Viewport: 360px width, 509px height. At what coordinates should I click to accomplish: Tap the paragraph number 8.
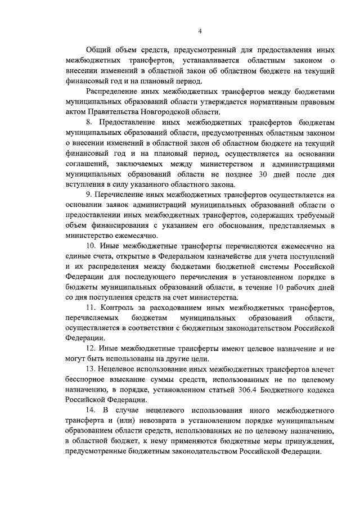pyautogui.click(x=88, y=122)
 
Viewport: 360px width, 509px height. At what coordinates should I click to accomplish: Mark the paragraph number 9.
pyautogui.click(x=88, y=194)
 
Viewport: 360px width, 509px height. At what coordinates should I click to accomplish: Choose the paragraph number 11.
pyautogui.click(x=91, y=308)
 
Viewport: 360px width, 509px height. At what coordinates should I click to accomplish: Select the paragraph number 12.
pyautogui.click(x=91, y=349)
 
